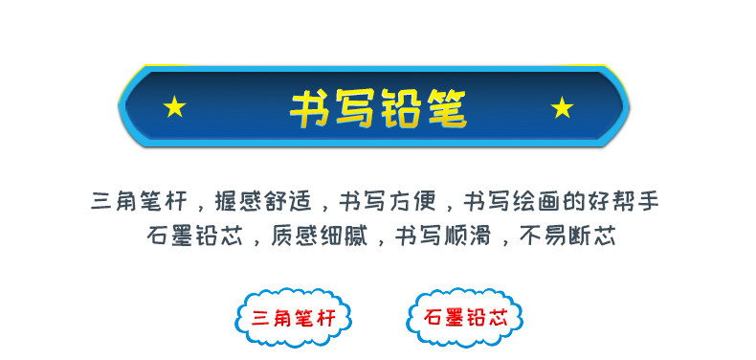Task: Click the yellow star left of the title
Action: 174,106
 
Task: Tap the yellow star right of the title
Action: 562,107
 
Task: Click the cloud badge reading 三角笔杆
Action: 293,318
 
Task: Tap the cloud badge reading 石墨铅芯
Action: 465,318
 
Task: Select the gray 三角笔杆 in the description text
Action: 138,201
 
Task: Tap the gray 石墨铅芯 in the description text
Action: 195,236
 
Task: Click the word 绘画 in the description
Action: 535,201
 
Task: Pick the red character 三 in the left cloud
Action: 260,319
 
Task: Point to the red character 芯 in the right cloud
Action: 498,318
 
